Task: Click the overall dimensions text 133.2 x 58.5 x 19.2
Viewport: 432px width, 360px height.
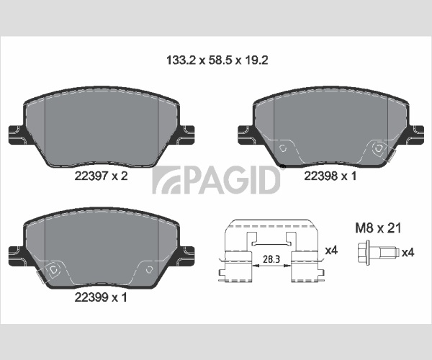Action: click(217, 60)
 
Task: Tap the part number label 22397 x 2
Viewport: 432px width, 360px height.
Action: click(101, 176)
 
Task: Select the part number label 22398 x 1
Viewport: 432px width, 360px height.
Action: click(330, 176)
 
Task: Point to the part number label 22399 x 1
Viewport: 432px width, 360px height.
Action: click(101, 297)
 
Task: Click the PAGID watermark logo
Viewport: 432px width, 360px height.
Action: click(217, 180)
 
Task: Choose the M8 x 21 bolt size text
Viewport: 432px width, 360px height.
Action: click(378, 228)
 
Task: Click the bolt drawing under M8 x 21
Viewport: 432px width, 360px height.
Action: click(378, 252)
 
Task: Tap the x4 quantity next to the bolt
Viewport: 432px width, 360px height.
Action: click(408, 252)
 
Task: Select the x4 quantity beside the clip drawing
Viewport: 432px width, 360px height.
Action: click(331, 251)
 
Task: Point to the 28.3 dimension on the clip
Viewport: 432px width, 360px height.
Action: click(271, 259)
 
